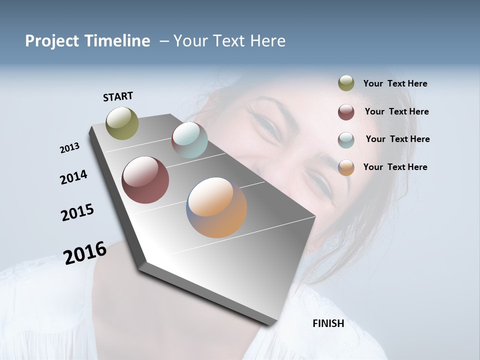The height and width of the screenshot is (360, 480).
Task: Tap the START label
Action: coord(118,96)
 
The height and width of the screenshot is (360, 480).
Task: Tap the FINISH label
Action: coord(328,323)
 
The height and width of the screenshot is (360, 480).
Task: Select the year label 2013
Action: coord(70,148)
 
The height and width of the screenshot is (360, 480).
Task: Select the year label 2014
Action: coord(73,177)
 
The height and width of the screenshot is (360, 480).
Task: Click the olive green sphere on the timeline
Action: coord(122,123)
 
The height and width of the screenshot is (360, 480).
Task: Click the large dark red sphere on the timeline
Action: coord(145,180)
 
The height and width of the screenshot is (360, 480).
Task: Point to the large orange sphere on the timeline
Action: coord(216,207)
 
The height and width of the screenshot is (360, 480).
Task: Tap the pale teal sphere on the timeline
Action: coord(189,140)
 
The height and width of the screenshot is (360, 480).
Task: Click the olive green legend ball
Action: coord(346,83)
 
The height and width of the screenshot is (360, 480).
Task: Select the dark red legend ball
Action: coord(346,112)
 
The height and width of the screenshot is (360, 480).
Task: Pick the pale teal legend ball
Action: coord(346,140)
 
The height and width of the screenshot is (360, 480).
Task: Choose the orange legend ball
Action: coord(346,167)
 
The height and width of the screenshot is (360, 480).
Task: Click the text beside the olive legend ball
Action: coord(395,83)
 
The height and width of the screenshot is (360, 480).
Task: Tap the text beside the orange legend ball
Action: coord(395,167)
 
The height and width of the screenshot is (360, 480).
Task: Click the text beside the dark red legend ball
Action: coord(396,111)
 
